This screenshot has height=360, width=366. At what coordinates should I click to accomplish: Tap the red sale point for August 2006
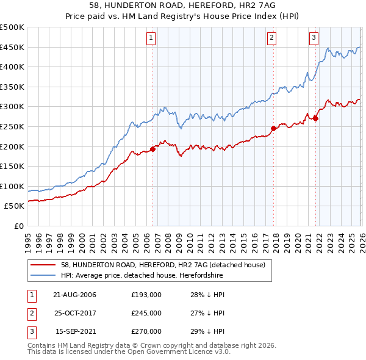click(x=152, y=149)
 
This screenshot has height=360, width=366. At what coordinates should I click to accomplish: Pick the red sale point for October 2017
click(x=273, y=128)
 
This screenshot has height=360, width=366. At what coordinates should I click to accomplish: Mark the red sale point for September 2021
click(x=315, y=118)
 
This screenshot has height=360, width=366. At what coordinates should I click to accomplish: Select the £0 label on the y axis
click(x=19, y=226)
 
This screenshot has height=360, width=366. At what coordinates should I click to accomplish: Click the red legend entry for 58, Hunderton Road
click(x=162, y=265)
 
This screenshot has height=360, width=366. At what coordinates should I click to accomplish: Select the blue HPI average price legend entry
click(x=142, y=276)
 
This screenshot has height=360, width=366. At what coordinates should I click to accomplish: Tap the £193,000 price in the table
click(x=146, y=295)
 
